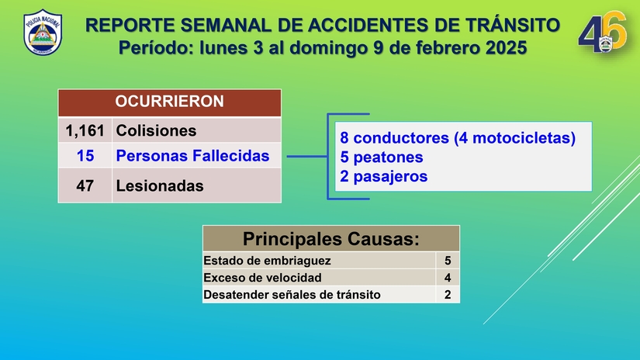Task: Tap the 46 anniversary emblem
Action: (x=602, y=34)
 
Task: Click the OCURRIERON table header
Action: (x=169, y=102)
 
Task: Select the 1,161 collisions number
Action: (x=85, y=130)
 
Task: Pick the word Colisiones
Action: (x=156, y=130)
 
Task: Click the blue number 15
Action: (x=85, y=155)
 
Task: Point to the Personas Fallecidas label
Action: (x=192, y=155)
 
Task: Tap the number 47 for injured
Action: (x=85, y=185)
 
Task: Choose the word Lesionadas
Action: (x=160, y=185)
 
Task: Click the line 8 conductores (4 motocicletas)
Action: (x=458, y=138)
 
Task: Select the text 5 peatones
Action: (x=382, y=157)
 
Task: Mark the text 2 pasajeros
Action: (x=384, y=176)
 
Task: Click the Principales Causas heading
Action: (x=330, y=238)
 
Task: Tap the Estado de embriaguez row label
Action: (x=267, y=261)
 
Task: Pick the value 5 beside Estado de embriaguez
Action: (x=448, y=261)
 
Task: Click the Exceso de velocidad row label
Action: (x=262, y=277)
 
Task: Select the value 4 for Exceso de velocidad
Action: (x=448, y=277)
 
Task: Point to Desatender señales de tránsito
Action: (x=292, y=294)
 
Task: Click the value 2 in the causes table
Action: (x=448, y=294)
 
